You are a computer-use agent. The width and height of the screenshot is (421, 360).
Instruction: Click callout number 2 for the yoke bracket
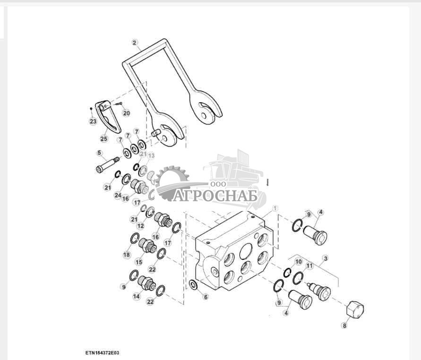[x=135, y=43]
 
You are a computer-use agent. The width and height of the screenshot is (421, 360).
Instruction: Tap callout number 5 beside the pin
[x=99, y=153]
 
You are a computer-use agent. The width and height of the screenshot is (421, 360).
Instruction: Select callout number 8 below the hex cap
[x=344, y=325]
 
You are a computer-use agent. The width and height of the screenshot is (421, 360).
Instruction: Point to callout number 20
[x=126, y=113]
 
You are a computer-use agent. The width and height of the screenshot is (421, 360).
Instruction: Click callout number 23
[x=93, y=122]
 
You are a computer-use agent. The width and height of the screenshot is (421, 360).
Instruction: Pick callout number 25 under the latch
[x=103, y=139]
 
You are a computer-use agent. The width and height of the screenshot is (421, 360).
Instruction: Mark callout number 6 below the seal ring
[x=205, y=297]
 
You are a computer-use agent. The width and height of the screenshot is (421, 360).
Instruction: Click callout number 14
[x=137, y=297]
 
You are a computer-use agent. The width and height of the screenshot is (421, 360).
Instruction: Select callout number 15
[x=139, y=262]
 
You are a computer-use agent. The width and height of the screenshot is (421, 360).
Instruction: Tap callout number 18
[x=126, y=255]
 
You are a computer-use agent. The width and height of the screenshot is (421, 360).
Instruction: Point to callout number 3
[x=325, y=259]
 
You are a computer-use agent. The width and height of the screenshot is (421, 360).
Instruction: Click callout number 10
[x=298, y=262]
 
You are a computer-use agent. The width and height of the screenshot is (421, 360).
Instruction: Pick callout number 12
[x=140, y=227]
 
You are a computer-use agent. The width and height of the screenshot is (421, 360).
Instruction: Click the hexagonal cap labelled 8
[x=355, y=310]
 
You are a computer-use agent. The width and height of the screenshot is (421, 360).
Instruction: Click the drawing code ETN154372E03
[x=103, y=353]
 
